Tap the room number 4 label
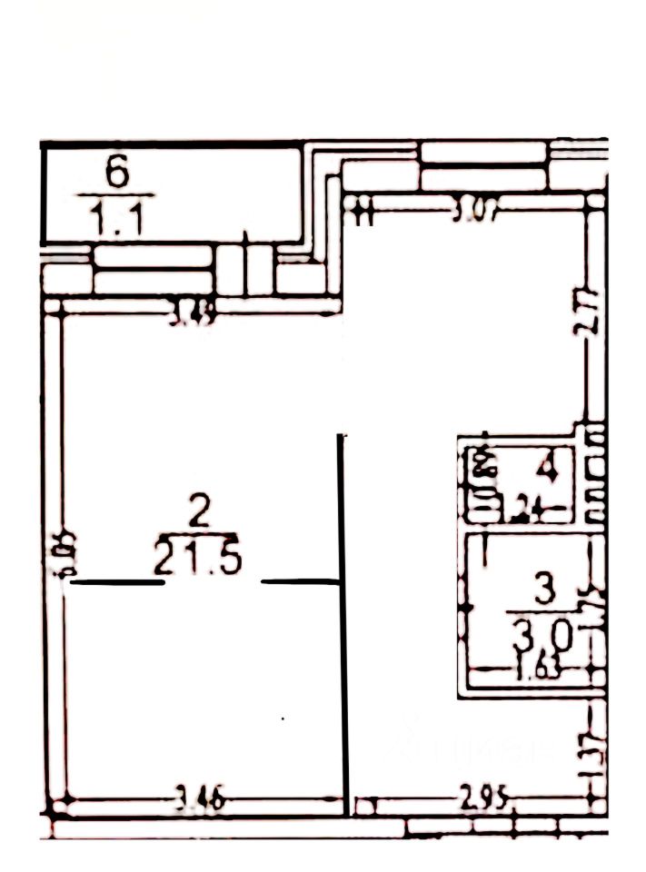[x=547, y=471]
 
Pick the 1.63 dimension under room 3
[x=536, y=673]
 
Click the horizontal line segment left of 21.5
[x=117, y=582]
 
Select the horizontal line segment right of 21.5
[x=299, y=580]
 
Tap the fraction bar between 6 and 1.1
[x=115, y=195]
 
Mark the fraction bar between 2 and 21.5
[x=198, y=534]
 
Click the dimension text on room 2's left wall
[x=61, y=554]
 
